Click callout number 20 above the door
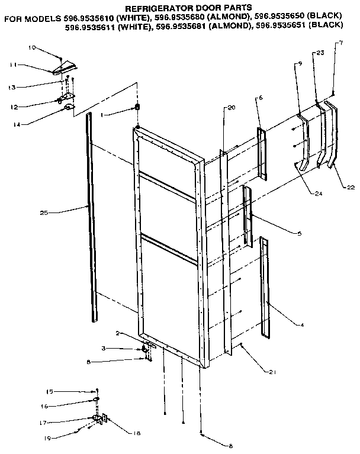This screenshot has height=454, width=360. (232, 108)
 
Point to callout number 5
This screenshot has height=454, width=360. (300, 234)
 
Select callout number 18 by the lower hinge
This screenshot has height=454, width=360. (137, 433)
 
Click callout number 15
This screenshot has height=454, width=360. (51, 391)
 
